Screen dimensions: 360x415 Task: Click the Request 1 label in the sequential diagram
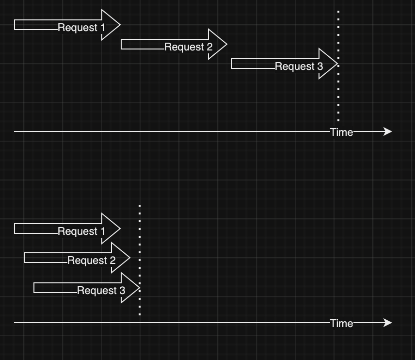point(81,28)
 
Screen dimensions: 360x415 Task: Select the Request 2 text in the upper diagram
point(188,47)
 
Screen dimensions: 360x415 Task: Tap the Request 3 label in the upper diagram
point(299,66)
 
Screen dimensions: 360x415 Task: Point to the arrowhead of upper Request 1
point(111,25)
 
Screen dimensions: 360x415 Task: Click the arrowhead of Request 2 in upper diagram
point(218,44)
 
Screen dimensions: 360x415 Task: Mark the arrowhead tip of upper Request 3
point(336,64)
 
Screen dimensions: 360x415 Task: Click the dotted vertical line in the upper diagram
point(338,97)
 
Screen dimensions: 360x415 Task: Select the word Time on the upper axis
point(341,132)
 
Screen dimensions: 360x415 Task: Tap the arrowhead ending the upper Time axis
point(387,131)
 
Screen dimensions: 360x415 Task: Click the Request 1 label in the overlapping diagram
point(81,231)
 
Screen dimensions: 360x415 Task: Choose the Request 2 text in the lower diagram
point(91,261)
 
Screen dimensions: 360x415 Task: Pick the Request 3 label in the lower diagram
point(101,291)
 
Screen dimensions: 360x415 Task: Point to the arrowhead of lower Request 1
point(111,229)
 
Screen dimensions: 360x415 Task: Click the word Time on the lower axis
point(341,323)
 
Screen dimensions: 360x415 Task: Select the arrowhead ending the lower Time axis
point(387,323)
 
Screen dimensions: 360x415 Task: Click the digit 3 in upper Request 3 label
point(320,66)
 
